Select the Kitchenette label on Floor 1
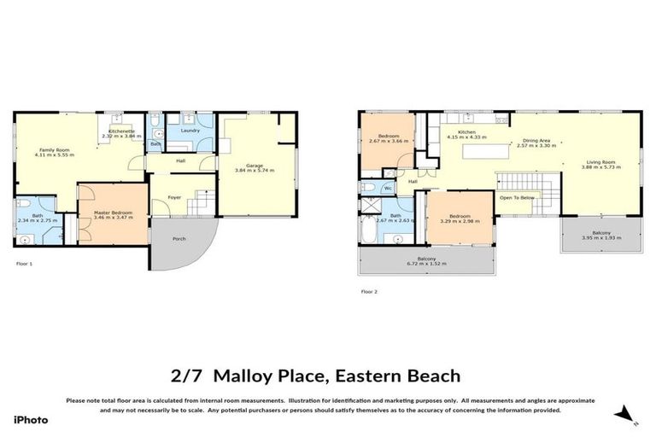[120, 131]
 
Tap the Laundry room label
[190, 131]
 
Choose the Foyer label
[174, 197]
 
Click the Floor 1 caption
[24, 264]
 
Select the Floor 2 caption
[369, 291]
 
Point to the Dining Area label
[536, 141]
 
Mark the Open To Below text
[518, 197]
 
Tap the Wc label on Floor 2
[388, 188]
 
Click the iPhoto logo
[31, 420]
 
